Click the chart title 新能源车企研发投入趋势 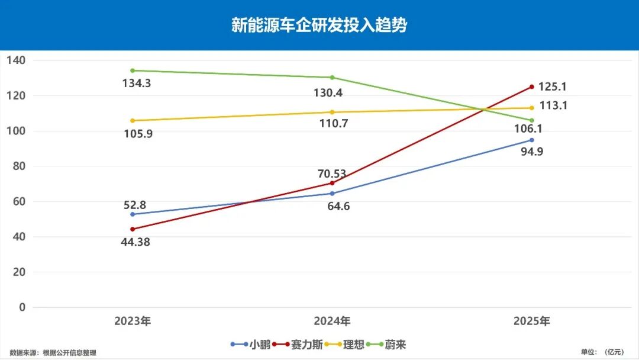click(319, 25)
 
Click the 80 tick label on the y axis click(18, 166)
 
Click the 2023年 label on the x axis click(133, 322)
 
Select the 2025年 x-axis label click(531, 322)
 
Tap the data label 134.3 click(136, 83)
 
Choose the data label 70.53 click(332, 174)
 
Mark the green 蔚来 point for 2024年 click(332, 78)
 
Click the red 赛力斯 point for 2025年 click(531, 87)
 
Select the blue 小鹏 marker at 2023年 click(133, 214)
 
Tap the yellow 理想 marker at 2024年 click(332, 112)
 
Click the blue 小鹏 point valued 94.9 click(531, 140)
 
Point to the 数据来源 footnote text click(53, 353)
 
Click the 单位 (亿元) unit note click(603, 352)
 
